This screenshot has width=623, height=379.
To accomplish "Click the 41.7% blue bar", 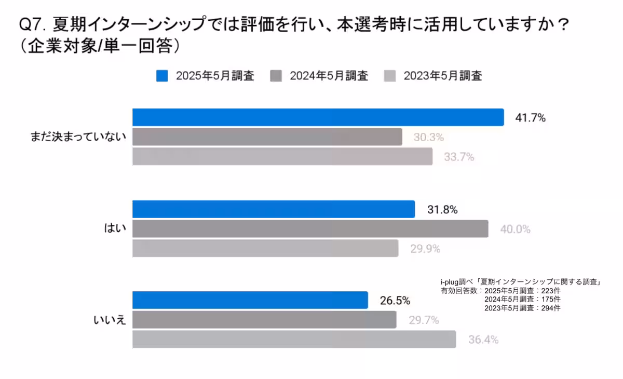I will [x=318, y=117].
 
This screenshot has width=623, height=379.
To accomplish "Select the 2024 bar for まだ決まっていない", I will [x=267, y=137].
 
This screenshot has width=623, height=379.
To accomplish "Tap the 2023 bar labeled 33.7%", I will [x=282, y=156].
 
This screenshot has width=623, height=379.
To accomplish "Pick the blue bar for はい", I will [x=274, y=209].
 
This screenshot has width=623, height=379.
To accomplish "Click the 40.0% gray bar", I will [x=310, y=229].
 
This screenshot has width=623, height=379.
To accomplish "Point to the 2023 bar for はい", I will [x=265, y=248].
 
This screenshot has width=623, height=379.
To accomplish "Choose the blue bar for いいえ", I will [x=250, y=300].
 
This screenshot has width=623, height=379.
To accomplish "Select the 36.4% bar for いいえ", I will [x=294, y=340].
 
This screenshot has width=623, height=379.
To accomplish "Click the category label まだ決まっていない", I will [x=78, y=138].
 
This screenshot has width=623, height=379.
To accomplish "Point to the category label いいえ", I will [x=110, y=320].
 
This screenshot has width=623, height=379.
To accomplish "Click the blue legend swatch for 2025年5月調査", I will [x=162, y=76].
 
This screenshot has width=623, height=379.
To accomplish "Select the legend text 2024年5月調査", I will [x=329, y=76].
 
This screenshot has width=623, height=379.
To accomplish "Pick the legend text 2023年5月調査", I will [x=443, y=76].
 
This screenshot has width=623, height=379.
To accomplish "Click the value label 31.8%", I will [x=442, y=210].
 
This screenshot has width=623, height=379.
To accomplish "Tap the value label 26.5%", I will [x=395, y=301].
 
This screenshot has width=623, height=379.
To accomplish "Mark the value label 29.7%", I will [x=424, y=320].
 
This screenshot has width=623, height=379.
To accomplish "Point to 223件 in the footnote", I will [x=550, y=291].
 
